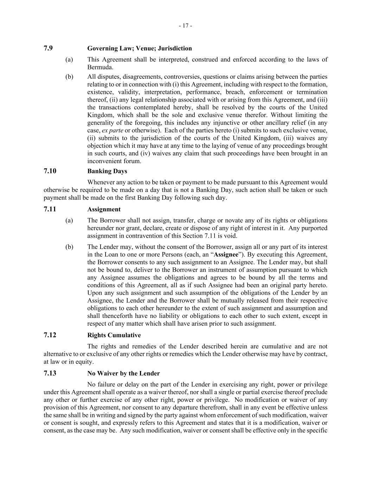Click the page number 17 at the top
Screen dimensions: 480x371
pyautogui.click(x=185, y=26)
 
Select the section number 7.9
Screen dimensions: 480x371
pyautogui.click(x=48, y=48)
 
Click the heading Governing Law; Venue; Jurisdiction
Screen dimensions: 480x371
pyautogui.click(x=140, y=49)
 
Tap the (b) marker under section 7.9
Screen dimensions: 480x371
pyautogui.click(x=69, y=77)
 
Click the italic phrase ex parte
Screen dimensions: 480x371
pyautogui.click(x=113, y=130)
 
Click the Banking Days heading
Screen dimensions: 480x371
pyautogui.click(x=107, y=171)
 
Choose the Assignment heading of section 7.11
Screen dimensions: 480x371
pyautogui.click(x=104, y=210)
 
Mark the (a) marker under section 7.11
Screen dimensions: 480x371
pyautogui.click(x=69, y=220)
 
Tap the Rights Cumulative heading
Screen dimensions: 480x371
pyautogui.click(x=114, y=335)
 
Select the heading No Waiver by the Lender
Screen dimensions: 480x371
pyautogui.click(x=123, y=373)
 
